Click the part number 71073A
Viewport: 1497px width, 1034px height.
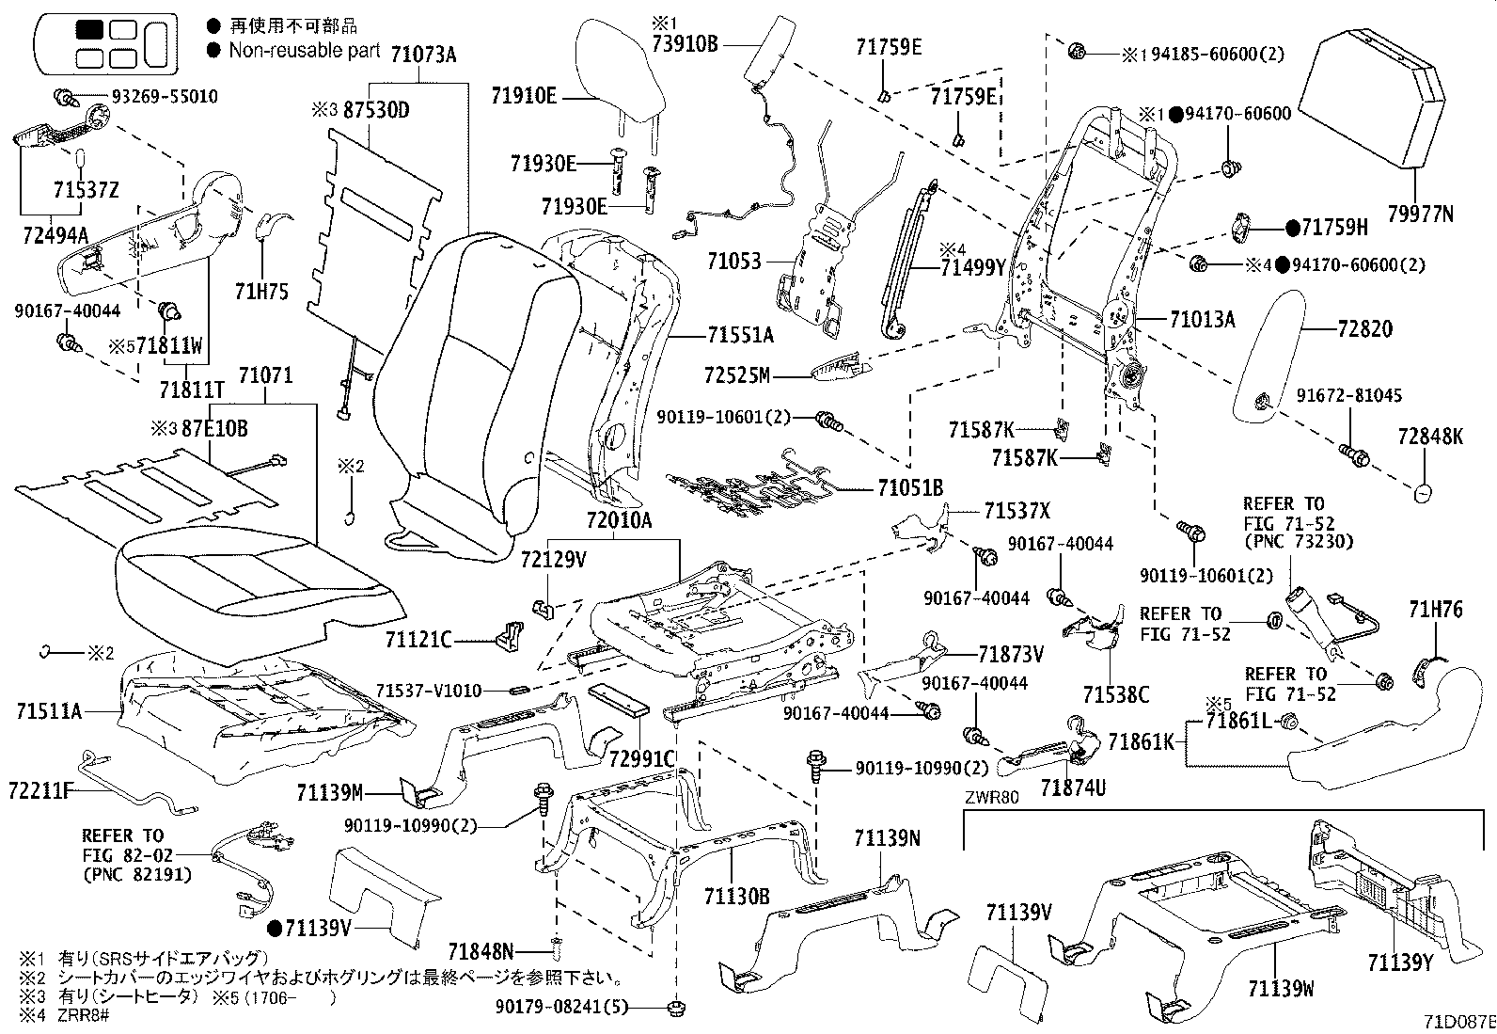[x=422, y=56]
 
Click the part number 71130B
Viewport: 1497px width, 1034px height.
[x=736, y=897]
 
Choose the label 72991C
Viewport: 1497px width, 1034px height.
[x=642, y=758]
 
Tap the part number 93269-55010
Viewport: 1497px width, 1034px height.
[x=165, y=96]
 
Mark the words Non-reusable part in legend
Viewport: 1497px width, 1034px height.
[x=305, y=50]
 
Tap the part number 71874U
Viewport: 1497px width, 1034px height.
[x=1073, y=787]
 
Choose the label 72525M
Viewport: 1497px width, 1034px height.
[x=736, y=376]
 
